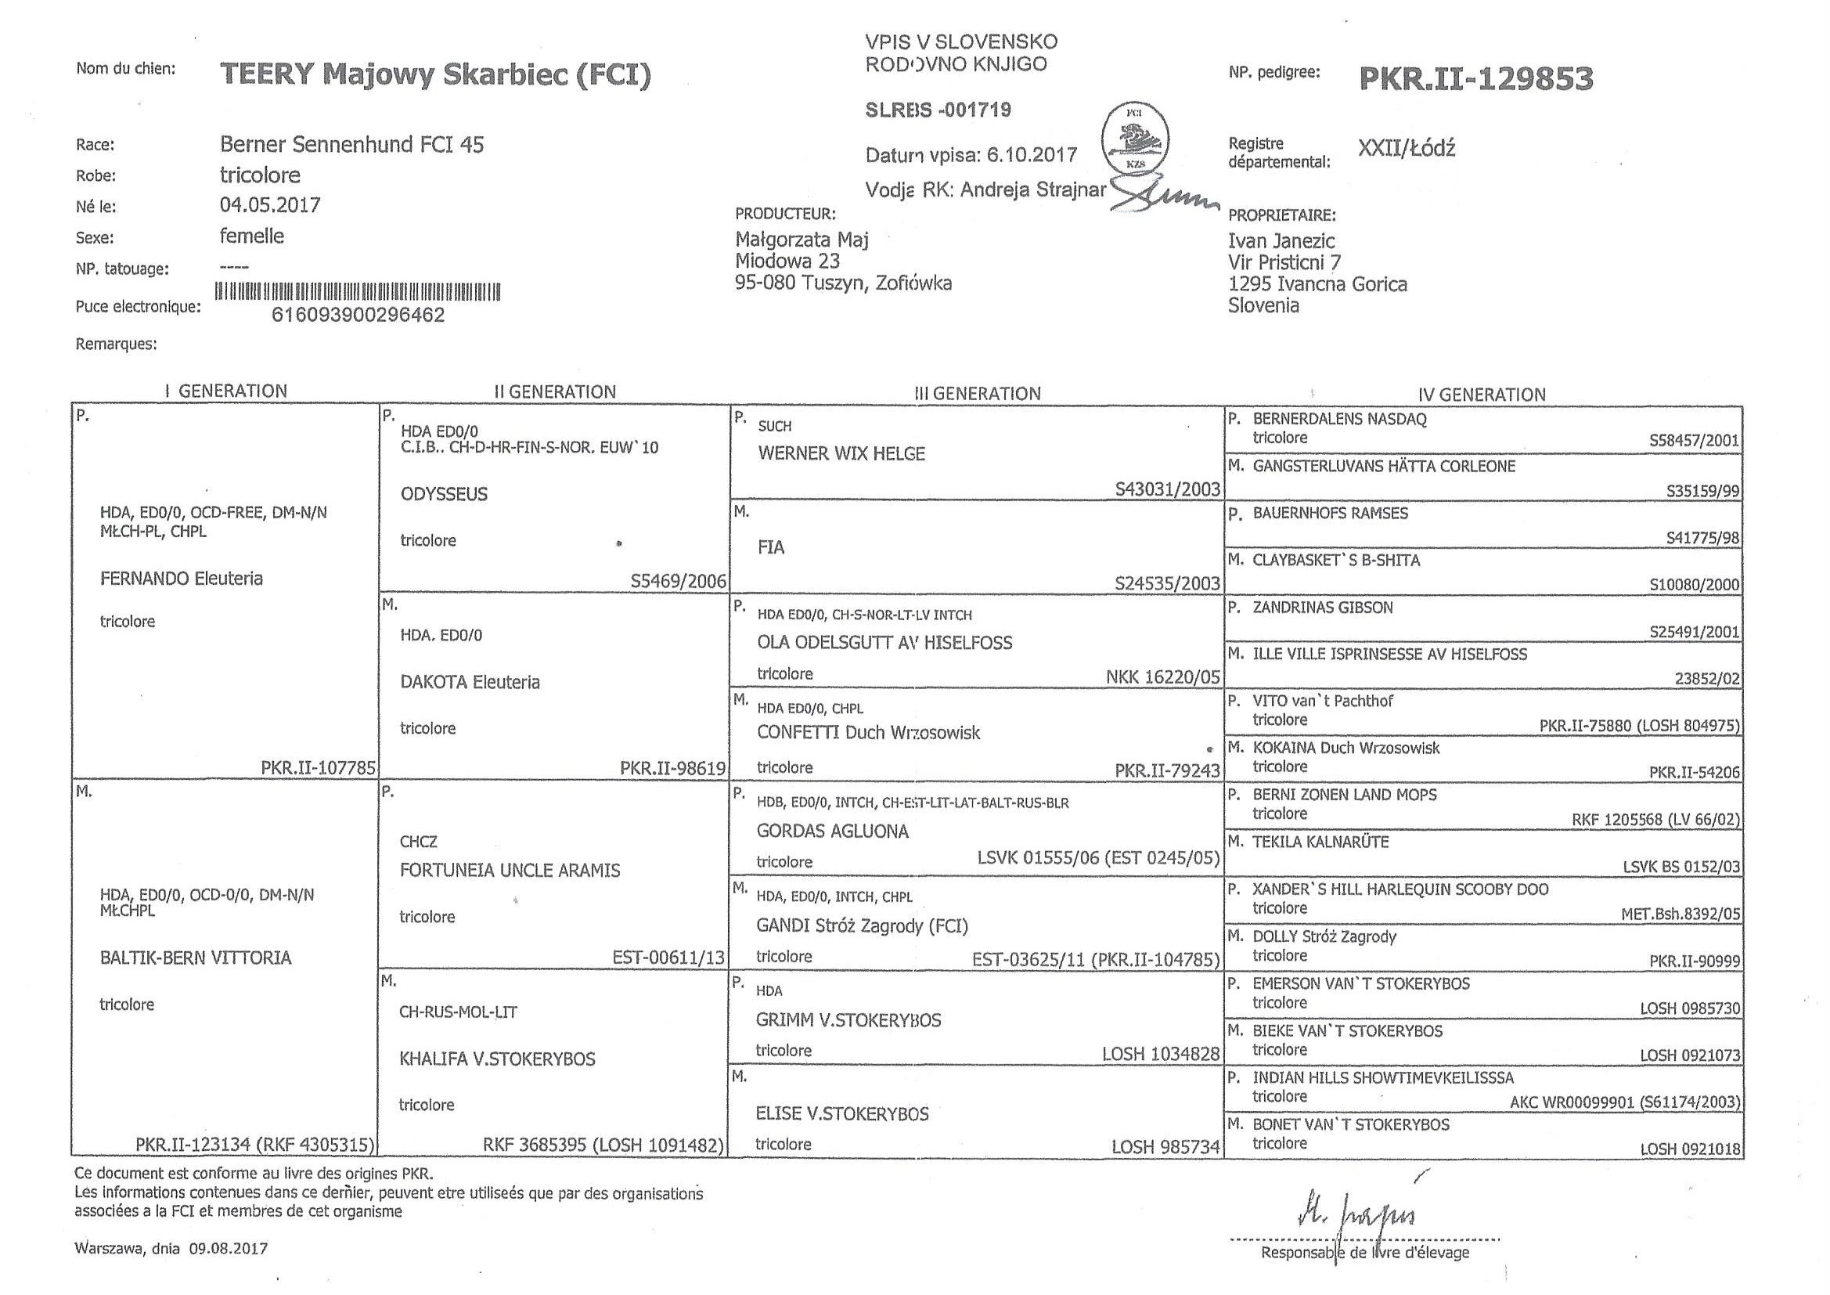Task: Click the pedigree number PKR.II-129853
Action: (x=1475, y=78)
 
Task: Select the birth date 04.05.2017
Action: (x=270, y=205)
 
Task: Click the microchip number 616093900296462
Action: (x=358, y=315)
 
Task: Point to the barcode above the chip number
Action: (x=358, y=292)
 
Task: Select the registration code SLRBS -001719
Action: (x=938, y=110)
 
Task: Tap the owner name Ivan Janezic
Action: (x=1281, y=241)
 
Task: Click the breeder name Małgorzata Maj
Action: (x=801, y=240)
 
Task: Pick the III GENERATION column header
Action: (x=977, y=393)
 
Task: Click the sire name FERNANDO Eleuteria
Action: (x=181, y=578)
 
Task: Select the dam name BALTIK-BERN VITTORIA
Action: (x=195, y=958)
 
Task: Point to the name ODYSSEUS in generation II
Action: (x=444, y=493)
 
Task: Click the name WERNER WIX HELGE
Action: (x=841, y=454)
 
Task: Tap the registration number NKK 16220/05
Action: (x=1163, y=677)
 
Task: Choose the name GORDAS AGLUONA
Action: (x=832, y=831)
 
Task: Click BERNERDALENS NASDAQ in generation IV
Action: (x=1339, y=419)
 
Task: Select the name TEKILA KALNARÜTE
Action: (x=1320, y=841)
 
